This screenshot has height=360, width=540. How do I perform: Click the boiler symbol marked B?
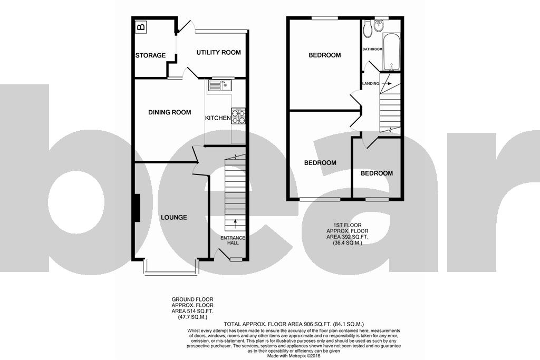pos(141,26)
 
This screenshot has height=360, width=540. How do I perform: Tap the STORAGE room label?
pos(150,55)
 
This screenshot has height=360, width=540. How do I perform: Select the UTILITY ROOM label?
pos(219,52)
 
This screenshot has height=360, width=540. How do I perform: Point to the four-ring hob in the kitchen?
pos(238,116)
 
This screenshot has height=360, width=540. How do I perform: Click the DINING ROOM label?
pos(170,112)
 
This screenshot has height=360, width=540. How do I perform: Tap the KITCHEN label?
pos(218,118)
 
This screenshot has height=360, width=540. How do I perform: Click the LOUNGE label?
pos(174,217)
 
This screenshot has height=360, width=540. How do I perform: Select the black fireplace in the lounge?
pos(137,208)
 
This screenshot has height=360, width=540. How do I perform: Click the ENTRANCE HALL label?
pos(233,240)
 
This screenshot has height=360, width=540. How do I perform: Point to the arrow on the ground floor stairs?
pos(236,224)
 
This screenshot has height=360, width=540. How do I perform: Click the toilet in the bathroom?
pos(367,28)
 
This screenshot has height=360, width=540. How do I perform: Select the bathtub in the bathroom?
pos(392,52)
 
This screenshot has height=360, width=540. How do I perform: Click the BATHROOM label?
pos(372,49)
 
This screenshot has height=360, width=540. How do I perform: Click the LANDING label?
pos(371,84)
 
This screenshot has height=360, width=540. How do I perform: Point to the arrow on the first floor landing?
pos(387,83)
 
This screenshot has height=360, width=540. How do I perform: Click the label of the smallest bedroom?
pos(377,173)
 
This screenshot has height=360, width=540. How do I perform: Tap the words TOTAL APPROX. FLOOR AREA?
pos(263,324)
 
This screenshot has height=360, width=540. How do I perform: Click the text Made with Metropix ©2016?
pos(294,356)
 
